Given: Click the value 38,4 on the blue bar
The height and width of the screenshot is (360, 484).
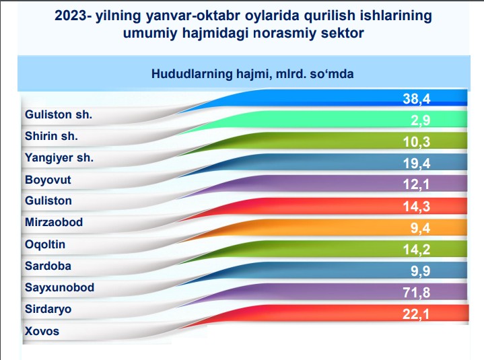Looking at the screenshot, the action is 417,99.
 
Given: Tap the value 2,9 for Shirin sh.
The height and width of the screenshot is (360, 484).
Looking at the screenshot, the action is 421,120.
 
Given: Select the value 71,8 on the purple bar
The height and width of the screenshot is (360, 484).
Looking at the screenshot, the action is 417,293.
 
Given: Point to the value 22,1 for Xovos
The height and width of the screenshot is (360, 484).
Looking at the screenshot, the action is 416,314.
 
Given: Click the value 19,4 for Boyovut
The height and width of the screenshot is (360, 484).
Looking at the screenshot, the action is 417,164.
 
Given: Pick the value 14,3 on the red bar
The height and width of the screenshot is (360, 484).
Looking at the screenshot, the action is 417,207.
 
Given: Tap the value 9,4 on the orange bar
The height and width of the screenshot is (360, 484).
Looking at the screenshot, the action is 421,228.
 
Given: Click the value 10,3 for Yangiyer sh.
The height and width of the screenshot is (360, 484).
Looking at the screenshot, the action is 417,142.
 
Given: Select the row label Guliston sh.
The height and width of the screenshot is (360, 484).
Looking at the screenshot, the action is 59,114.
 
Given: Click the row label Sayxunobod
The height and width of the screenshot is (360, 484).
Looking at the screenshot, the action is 59,287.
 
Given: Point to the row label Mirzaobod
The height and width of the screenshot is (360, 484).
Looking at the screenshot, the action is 54,222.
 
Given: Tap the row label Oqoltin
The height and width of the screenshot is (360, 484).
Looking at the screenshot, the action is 45,245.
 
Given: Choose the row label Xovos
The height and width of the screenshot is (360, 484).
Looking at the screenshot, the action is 42,331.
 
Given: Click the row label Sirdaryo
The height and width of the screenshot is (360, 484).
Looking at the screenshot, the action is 48,309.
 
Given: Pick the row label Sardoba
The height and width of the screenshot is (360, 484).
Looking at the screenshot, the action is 48,266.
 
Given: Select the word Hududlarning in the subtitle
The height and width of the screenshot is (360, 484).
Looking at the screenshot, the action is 192,74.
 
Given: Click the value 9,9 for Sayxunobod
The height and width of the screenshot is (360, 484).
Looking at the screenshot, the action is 421,271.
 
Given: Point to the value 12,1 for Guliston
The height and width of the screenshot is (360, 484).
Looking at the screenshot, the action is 417,184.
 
